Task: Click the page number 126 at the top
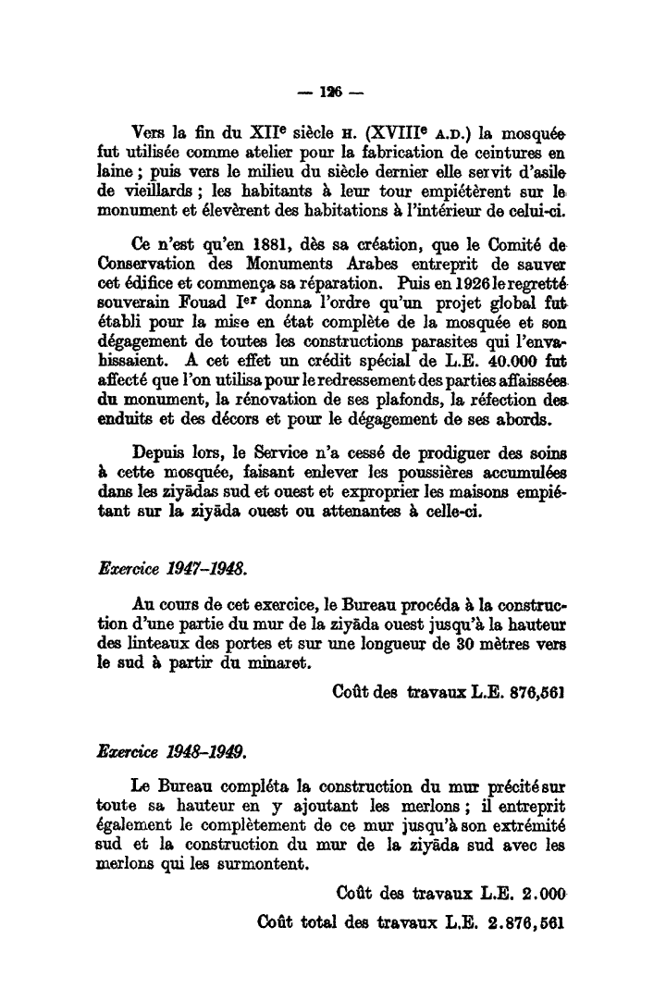(x=332, y=94)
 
